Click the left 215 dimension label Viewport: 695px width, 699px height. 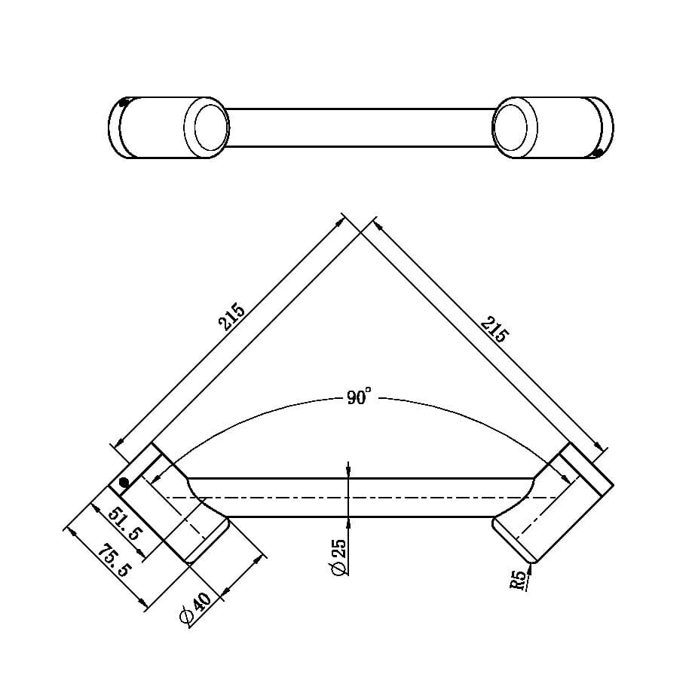233,317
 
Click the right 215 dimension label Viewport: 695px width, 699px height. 494,330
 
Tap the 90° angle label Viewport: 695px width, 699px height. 360,397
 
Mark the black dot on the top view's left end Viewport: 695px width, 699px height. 124,103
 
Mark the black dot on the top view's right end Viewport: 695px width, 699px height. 598,153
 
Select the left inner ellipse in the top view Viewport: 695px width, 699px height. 211,126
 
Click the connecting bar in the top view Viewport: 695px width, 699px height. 360,127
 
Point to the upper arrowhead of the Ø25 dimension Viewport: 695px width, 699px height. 348,472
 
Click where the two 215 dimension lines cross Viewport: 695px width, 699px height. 358,234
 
